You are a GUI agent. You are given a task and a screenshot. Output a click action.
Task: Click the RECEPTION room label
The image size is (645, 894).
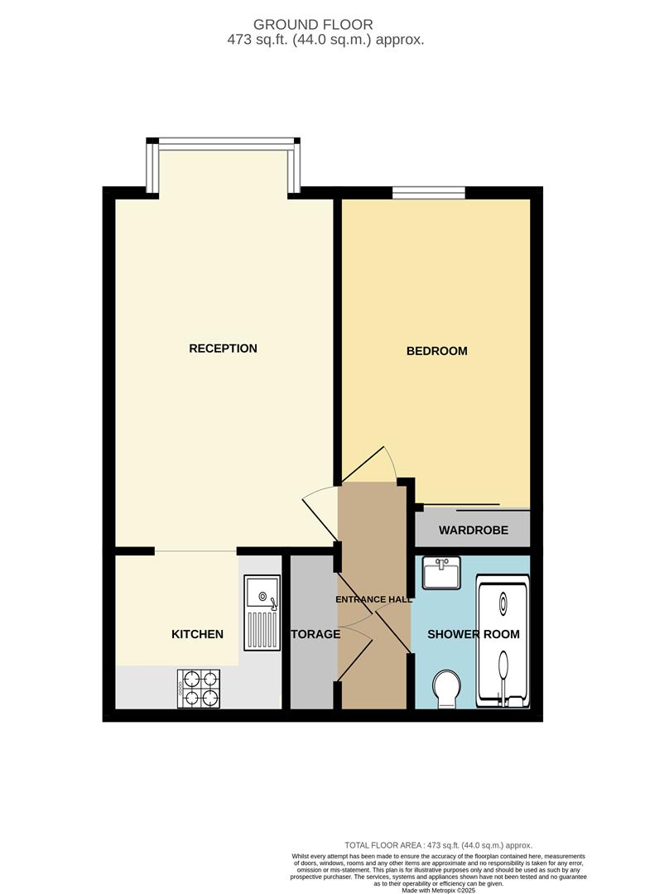click(x=223, y=348)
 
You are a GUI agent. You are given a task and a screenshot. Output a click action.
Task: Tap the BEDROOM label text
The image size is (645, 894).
click(x=436, y=351)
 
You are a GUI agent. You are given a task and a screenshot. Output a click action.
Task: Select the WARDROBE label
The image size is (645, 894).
click(x=473, y=530)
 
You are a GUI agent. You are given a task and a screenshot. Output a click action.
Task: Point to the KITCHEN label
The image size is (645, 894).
click(x=197, y=634)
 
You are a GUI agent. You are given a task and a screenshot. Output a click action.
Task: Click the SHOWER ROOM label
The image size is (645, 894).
click(x=474, y=634)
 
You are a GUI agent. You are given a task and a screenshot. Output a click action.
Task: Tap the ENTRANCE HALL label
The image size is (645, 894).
click(x=373, y=598)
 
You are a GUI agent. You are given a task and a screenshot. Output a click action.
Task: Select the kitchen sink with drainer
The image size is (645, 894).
click(x=262, y=613)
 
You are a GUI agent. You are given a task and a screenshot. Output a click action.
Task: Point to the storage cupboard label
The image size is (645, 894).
click(x=314, y=634)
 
